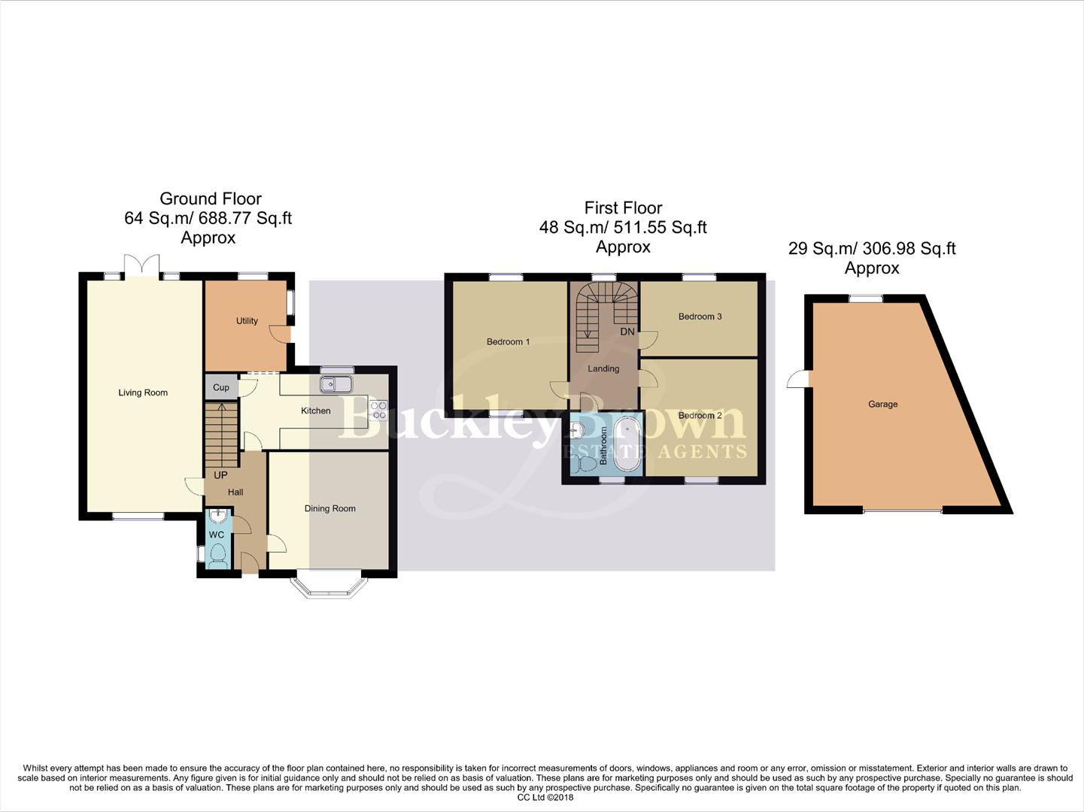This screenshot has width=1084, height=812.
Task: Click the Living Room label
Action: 143,392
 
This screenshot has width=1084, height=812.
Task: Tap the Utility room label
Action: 247,321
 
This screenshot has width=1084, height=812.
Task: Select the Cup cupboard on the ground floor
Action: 220,388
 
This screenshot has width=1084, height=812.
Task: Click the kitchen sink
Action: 336,384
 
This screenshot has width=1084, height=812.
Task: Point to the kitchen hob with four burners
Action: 378,410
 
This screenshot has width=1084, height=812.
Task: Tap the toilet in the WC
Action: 217,554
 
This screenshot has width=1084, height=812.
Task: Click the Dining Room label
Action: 329,509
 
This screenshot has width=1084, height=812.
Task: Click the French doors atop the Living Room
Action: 141,266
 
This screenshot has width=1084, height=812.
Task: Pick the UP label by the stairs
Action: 220,475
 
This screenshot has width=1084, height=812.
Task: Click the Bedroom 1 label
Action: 508,342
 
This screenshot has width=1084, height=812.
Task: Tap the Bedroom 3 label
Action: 700,317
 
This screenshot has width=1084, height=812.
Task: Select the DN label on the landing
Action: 627,332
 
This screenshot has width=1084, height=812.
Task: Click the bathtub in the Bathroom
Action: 626,446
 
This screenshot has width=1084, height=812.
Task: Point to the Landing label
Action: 603,368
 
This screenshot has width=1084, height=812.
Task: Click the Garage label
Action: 882,404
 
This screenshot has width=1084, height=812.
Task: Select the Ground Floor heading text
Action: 211,199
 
